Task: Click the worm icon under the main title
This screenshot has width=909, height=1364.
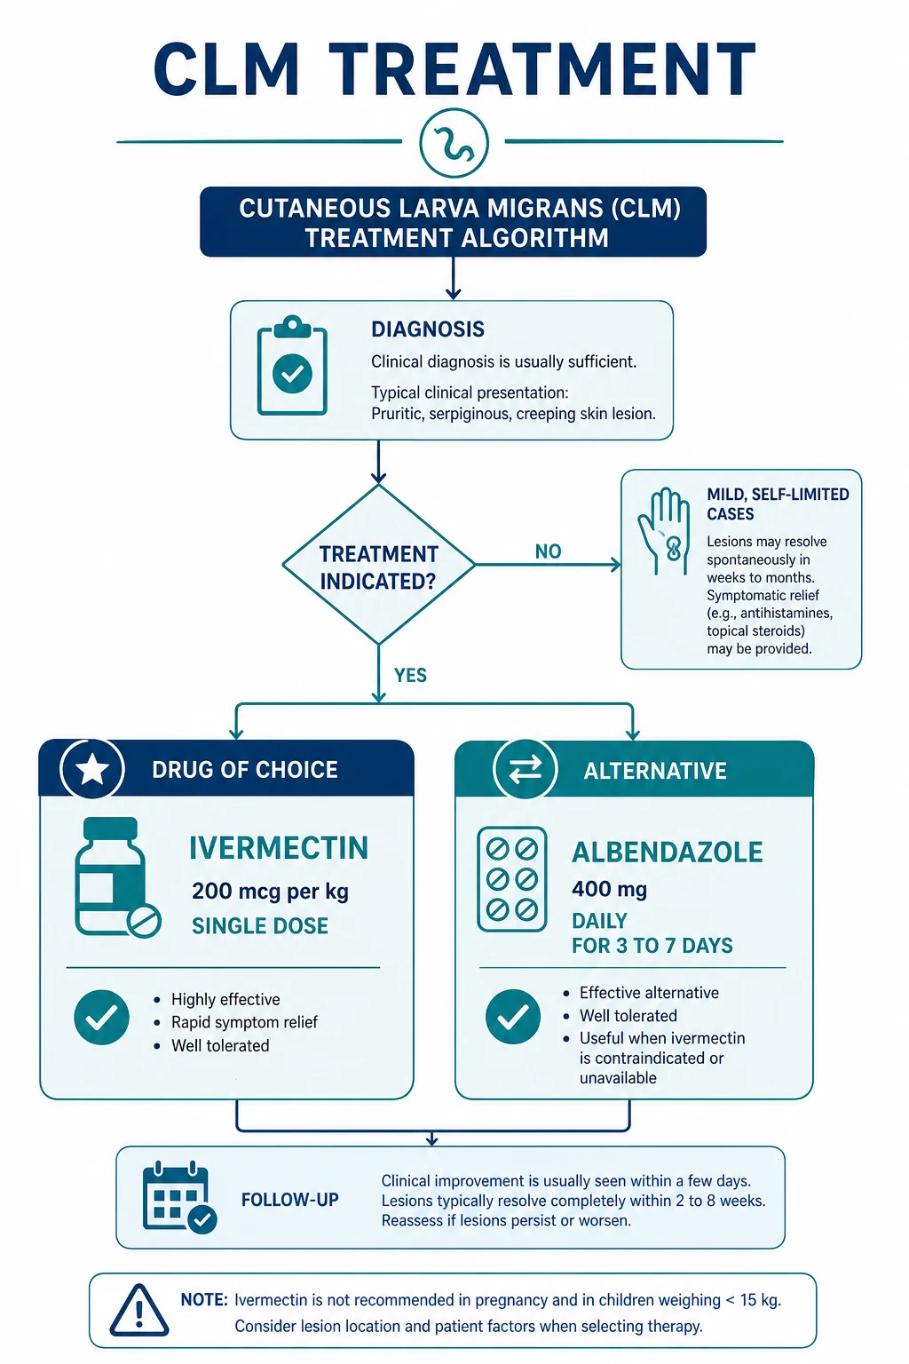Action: pyautogui.click(x=454, y=143)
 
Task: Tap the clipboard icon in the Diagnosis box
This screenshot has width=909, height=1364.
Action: pyautogui.click(x=292, y=365)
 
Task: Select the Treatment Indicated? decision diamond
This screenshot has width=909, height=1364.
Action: pyautogui.click(x=379, y=565)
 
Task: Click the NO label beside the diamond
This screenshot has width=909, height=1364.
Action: pyautogui.click(x=548, y=551)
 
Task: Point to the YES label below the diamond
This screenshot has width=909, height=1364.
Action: pyautogui.click(x=410, y=675)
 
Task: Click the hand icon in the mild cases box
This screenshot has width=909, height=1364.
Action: pyautogui.click(x=664, y=531)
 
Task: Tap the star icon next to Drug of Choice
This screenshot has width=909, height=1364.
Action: pyautogui.click(x=92, y=770)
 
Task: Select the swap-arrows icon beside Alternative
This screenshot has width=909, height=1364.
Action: pyautogui.click(x=525, y=768)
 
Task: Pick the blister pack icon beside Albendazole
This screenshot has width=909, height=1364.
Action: pyautogui.click(x=512, y=878)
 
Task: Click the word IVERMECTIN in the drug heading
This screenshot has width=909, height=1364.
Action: pyautogui.click(x=279, y=848)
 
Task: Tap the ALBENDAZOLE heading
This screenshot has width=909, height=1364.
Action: pyautogui.click(x=668, y=852)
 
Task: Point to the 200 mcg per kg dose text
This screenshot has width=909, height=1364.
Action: pyautogui.click(x=271, y=892)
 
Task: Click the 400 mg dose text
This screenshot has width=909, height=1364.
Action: pyautogui.click(x=610, y=890)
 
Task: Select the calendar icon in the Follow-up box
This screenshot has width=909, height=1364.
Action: pyautogui.click(x=179, y=1198)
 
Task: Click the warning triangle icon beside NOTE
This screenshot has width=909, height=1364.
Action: pyautogui.click(x=139, y=1311)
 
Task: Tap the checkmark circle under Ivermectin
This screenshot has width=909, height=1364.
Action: pyautogui.click(x=102, y=1018)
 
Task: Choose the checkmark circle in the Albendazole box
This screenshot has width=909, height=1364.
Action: pyautogui.click(x=513, y=1016)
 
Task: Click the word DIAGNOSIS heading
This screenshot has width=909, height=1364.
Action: pyautogui.click(x=428, y=329)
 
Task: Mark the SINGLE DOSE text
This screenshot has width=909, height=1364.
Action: pyautogui.click(x=260, y=926)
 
